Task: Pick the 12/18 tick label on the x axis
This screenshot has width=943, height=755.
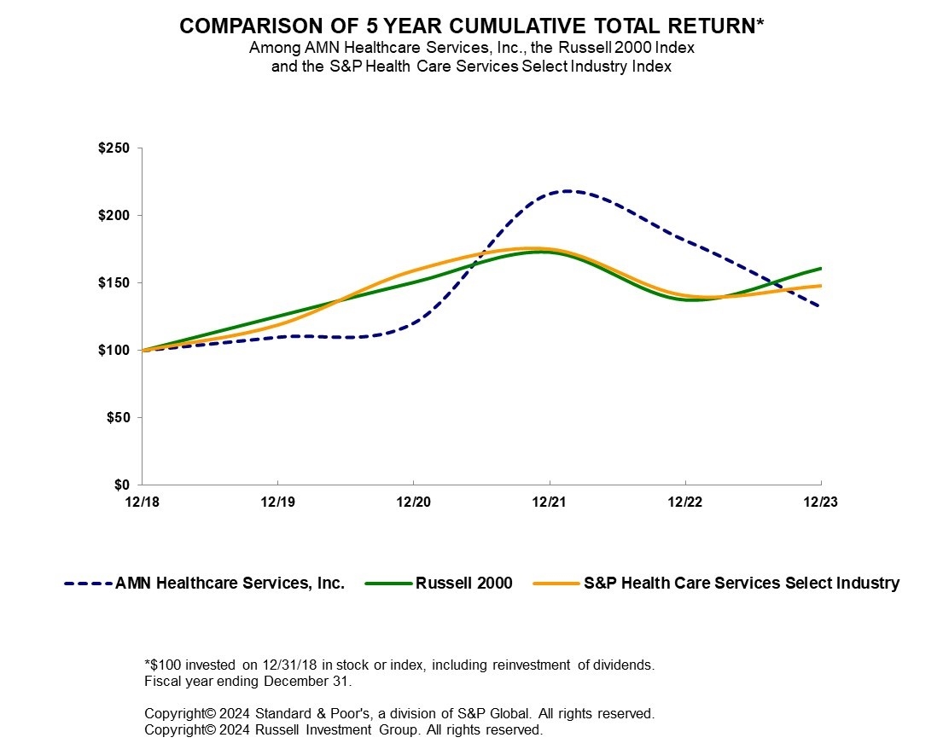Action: [x=142, y=502]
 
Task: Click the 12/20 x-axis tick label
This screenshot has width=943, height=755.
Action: [x=413, y=502]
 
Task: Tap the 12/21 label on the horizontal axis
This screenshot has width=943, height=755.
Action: [x=550, y=502]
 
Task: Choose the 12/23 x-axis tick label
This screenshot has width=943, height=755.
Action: [x=821, y=502]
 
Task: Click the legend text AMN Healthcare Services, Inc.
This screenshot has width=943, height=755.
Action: [x=230, y=584]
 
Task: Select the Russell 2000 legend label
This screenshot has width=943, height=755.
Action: [x=464, y=584]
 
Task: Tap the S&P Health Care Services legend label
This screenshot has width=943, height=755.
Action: [x=742, y=584]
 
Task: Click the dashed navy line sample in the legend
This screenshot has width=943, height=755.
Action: [x=88, y=584]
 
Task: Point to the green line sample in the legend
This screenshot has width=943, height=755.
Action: [x=388, y=584]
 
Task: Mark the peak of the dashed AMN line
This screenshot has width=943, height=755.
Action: [x=566, y=191]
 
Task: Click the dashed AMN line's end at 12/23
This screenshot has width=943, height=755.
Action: [x=820, y=305]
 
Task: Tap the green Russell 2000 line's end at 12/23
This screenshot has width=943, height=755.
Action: [x=820, y=269]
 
